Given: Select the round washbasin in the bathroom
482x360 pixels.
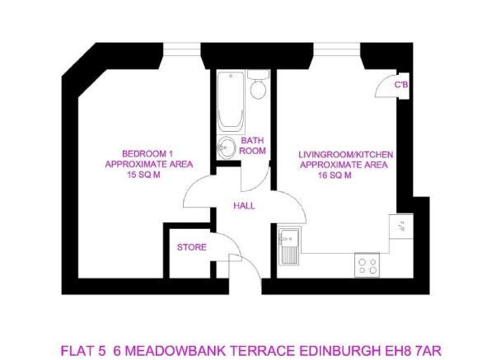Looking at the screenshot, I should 226,149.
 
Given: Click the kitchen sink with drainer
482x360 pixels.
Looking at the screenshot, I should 288,245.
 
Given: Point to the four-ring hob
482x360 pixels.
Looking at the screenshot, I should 366,265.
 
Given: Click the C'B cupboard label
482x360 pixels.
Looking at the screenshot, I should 401,85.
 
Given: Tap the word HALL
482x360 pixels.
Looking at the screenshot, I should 244,206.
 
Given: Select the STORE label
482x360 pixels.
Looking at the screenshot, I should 191,247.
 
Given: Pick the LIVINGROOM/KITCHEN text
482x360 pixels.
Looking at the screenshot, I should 346,154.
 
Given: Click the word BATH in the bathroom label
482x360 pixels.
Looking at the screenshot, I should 252,141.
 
